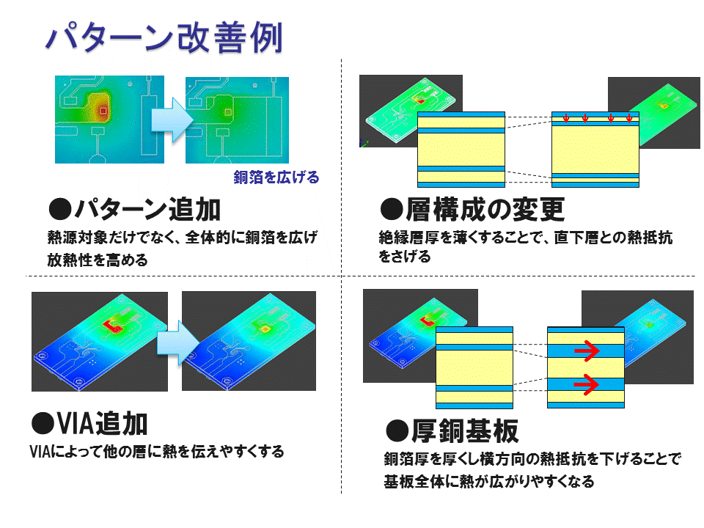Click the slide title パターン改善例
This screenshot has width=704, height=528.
(164, 37)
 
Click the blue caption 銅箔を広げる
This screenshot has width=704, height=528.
(276, 177)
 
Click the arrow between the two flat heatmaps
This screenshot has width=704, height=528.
(172, 120)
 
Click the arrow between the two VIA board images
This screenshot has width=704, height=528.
(177, 342)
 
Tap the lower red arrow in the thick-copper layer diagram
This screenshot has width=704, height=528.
(587, 384)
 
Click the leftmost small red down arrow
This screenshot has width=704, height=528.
(566, 118)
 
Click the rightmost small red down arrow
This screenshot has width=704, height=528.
(629, 118)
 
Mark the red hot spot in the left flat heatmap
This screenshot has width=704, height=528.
(103, 110)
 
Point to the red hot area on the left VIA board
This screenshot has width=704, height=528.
(112, 325)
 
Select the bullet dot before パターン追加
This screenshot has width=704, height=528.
(60, 210)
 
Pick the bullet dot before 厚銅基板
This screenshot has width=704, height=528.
(397, 431)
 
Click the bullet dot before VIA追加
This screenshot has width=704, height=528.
(43, 424)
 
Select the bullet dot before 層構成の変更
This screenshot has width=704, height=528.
(392, 210)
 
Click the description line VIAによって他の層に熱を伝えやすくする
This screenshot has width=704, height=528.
(157, 451)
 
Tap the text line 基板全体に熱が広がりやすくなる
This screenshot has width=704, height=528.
(489, 481)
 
